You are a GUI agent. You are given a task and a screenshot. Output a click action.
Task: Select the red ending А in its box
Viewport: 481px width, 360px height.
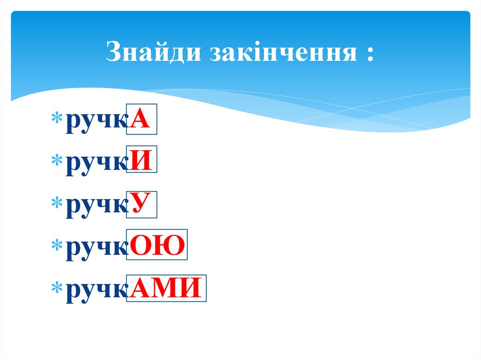pyautogui.click(x=141, y=120)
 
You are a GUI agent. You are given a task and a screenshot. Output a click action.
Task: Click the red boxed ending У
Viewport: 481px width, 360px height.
pyautogui.click(x=141, y=205)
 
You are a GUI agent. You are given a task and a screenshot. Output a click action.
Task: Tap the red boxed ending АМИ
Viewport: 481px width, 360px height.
pyautogui.click(x=166, y=287)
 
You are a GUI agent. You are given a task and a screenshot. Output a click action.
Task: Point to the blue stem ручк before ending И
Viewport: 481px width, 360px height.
pyautogui.click(x=96, y=165)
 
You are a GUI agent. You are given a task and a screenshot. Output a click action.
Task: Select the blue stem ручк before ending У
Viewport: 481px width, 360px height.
pyautogui.click(x=96, y=207)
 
